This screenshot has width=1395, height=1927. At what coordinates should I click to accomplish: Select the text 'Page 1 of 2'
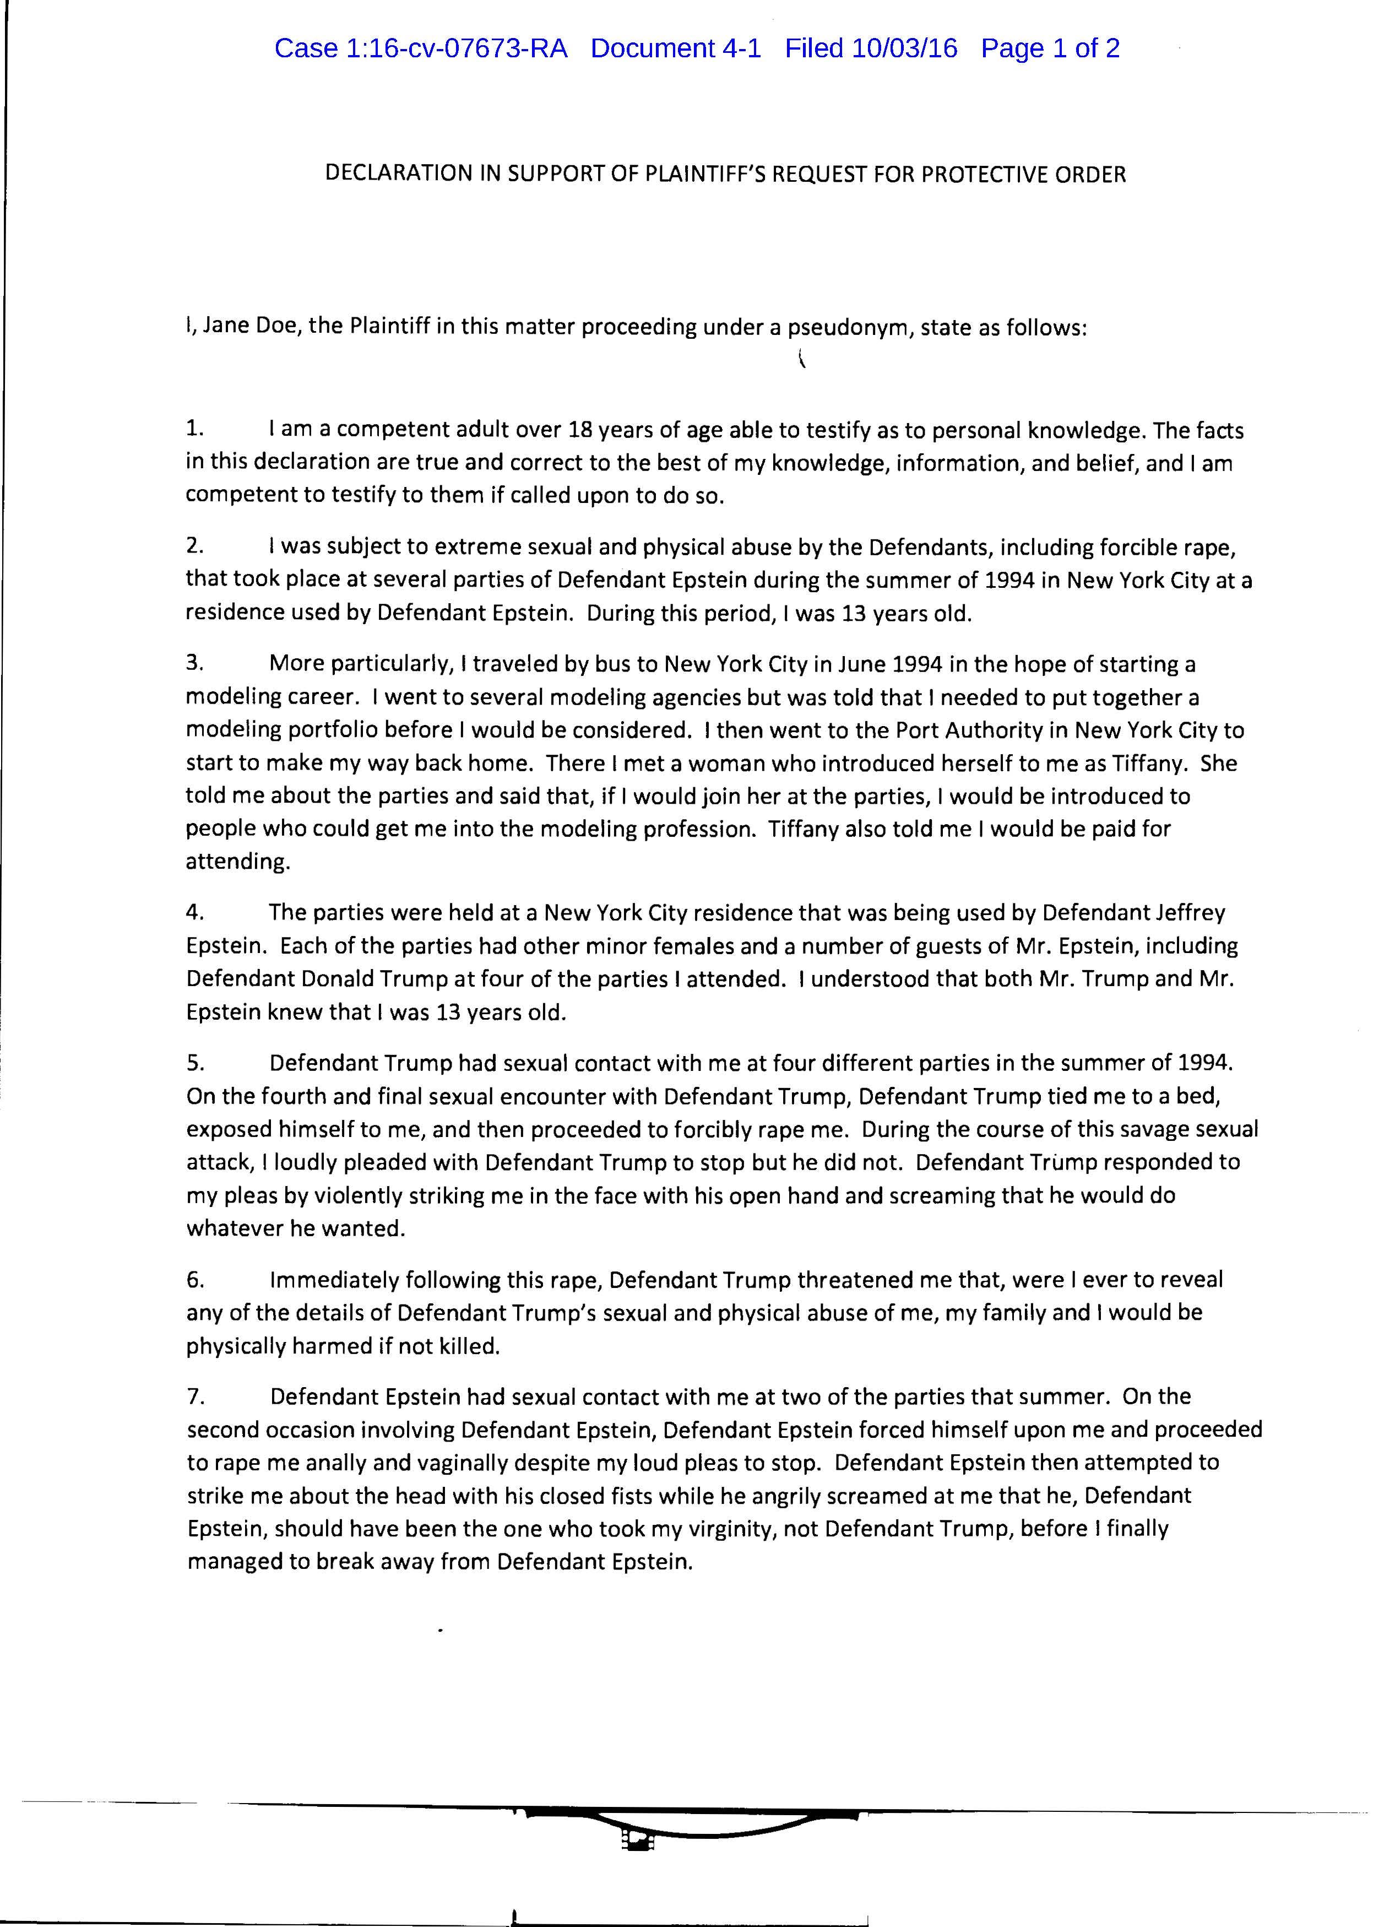[x=1050, y=48]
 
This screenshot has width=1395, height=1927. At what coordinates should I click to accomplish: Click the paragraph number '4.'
[x=194, y=912]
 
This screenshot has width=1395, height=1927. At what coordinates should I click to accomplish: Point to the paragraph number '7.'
[x=194, y=1396]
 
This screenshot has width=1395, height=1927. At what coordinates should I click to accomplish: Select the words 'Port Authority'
[x=976, y=730]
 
